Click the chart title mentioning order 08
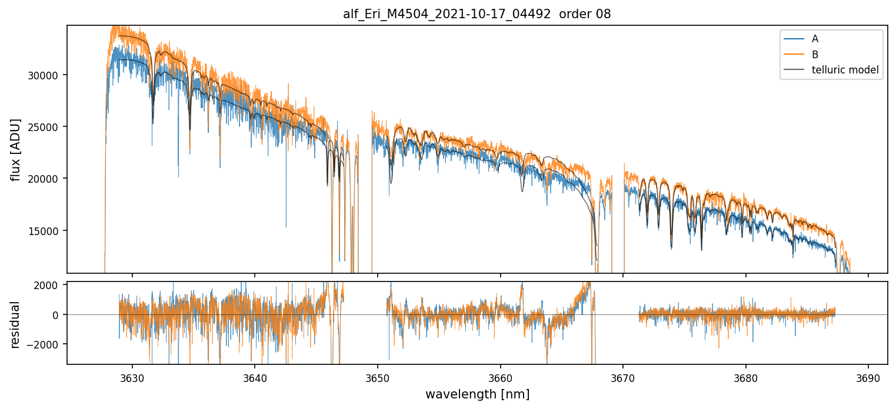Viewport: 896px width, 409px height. (477, 14)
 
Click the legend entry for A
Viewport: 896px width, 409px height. (815, 39)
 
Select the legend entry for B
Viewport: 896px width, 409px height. (815, 55)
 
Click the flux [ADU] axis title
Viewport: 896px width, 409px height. (16, 149)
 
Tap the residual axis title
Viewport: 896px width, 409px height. (16, 324)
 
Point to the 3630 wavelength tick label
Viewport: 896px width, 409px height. (132, 377)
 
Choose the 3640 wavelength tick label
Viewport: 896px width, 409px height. (255, 377)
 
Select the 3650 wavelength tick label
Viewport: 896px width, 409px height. (378, 377)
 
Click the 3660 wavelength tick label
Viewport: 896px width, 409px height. (500, 377)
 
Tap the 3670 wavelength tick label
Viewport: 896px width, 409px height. (623, 377)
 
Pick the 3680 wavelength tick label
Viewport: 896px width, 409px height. (746, 377)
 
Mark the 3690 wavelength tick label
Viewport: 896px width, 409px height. (868, 377)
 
